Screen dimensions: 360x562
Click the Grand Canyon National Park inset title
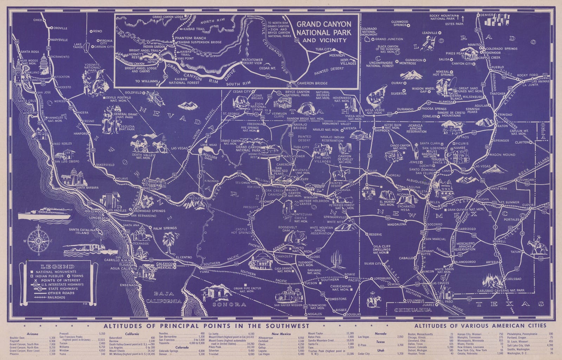coord(324,32)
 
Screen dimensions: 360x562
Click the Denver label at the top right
coord(486,15)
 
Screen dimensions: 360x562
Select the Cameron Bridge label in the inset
coord(312,83)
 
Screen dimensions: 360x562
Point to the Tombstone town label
coord(337,299)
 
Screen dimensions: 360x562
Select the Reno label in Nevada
coord(98,31)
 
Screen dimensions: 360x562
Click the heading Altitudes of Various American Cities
coord(480,326)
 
